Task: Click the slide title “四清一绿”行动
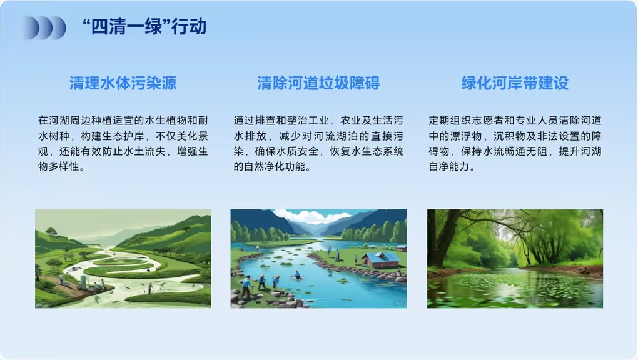(x=144, y=27)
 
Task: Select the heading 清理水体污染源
(x=123, y=83)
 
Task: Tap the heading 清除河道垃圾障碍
(x=318, y=83)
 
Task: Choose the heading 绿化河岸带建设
(x=515, y=83)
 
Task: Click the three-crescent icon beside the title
(x=44, y=27)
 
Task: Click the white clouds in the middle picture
(x=311, y=216)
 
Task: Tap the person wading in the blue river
(x=298, y=275)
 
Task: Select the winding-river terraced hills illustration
(x=123, y=259)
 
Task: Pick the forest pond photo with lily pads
(x=515, y=259)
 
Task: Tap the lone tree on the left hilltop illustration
(x=51, y=232)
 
